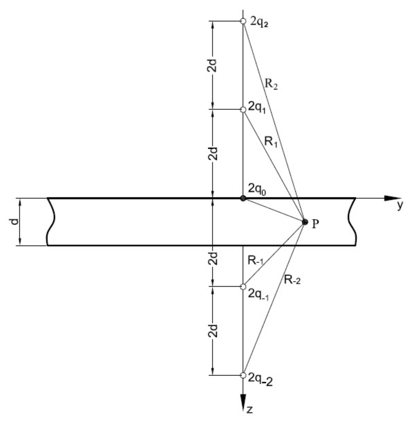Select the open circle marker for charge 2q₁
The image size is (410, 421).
pyautogui.click(x=243, y=109)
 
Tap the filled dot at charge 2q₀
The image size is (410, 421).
pyautogui.click(x=243, y=198)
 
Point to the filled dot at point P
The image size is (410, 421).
pyautogui.click(x=305, y=222)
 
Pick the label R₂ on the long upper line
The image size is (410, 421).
pyautogui.click(x=271, y=84)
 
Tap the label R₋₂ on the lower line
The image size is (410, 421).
pyautogui.click(x=292, y=280)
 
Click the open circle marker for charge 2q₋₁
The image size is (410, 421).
pyautogui.click(x=243, y=287)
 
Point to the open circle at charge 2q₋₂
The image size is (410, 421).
pyautogui.click(x=243, y=375)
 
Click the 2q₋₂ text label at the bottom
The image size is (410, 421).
pyautogui.click(x=260, y=379)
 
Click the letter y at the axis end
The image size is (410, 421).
pyautogui.click(x=400, y=206)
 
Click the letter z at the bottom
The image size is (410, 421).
pyautogui.click(x=250, y=410)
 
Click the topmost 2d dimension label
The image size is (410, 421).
pyautogui.click(x=213, y=66)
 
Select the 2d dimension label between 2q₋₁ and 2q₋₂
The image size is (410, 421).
pyautogui.click(x=213, y=331)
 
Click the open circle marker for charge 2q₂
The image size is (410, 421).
pyautogui.click(x=243, y=21)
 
